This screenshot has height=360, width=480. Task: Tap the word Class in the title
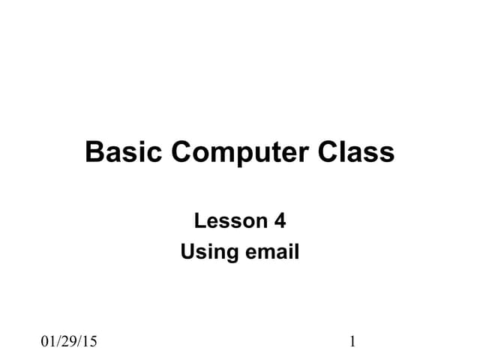tap(356, 152)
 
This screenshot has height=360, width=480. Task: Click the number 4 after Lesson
tap(280, 221)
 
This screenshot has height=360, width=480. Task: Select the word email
tap(271, 253)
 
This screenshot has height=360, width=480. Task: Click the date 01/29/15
tap(69, 343)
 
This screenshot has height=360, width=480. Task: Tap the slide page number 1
tap(352, 343)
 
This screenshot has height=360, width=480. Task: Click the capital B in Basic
tap(94, 152)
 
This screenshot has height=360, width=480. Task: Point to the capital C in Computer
tap(182, 152)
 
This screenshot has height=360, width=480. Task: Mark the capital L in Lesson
tap(199, 221)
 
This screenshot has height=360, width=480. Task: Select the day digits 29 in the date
tap(69, 343)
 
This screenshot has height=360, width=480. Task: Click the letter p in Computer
tap(240, 155)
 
